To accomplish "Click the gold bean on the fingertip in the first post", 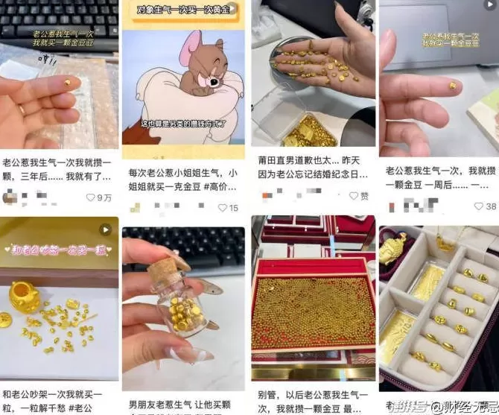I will click(x=67, y=83).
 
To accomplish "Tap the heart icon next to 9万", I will click(x=91, y=197).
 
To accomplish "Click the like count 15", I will click(x=233, y=208).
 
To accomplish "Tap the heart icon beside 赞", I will click(x=354, y=196).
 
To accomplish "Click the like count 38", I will click(x=480, y=206).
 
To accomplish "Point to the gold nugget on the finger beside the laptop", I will click(x=452, y=86).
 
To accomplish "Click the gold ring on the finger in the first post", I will click(x=22, y=109).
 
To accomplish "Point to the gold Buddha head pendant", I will click(x=393, y=249).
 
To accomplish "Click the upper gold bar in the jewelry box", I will click(x=429, y=282).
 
